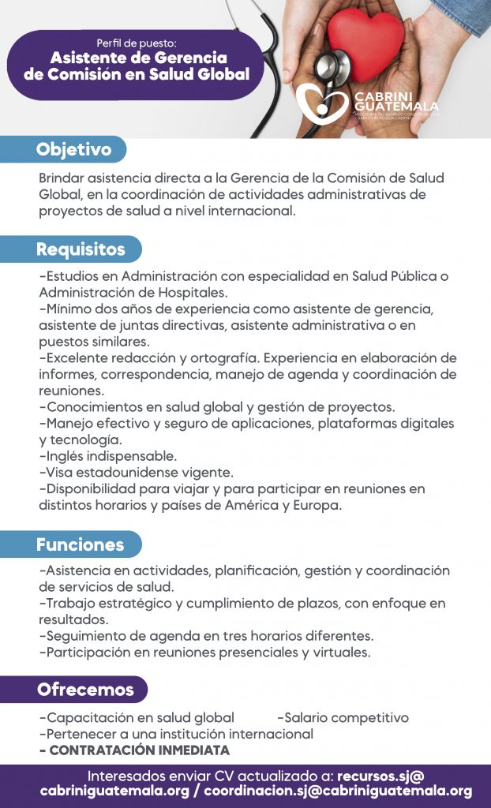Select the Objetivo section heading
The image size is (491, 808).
coord(73,148)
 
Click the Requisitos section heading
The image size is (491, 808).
coord(81,249)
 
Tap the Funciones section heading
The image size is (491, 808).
coord(80,544)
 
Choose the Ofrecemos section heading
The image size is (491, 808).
coord(85,690)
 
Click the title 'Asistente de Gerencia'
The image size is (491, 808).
coord(138,58)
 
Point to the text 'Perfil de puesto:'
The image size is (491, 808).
coord(137,42)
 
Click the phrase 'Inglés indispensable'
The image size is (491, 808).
coord(111,456)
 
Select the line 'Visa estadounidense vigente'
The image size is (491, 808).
coord(139,473)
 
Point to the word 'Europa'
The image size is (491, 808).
coord(317,506)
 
